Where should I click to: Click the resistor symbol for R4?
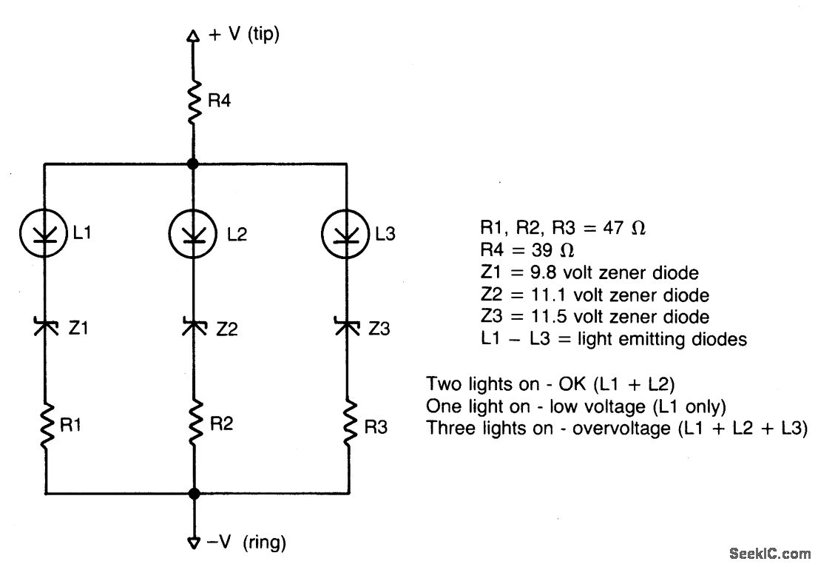pos(193,101)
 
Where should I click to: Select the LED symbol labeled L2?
pos(194,235)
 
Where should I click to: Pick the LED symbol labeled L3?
pos(345,235)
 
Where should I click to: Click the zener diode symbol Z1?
pos(45,326)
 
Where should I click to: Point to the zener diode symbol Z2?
pos(194,326)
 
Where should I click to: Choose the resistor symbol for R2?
pos(194,423)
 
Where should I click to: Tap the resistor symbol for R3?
pos(348,423)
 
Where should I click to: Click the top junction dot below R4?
pos(193,164)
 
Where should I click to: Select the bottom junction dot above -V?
pos(194,494)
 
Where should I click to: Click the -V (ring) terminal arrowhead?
pos(194,543)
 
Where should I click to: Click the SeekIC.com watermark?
pos(769,553)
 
